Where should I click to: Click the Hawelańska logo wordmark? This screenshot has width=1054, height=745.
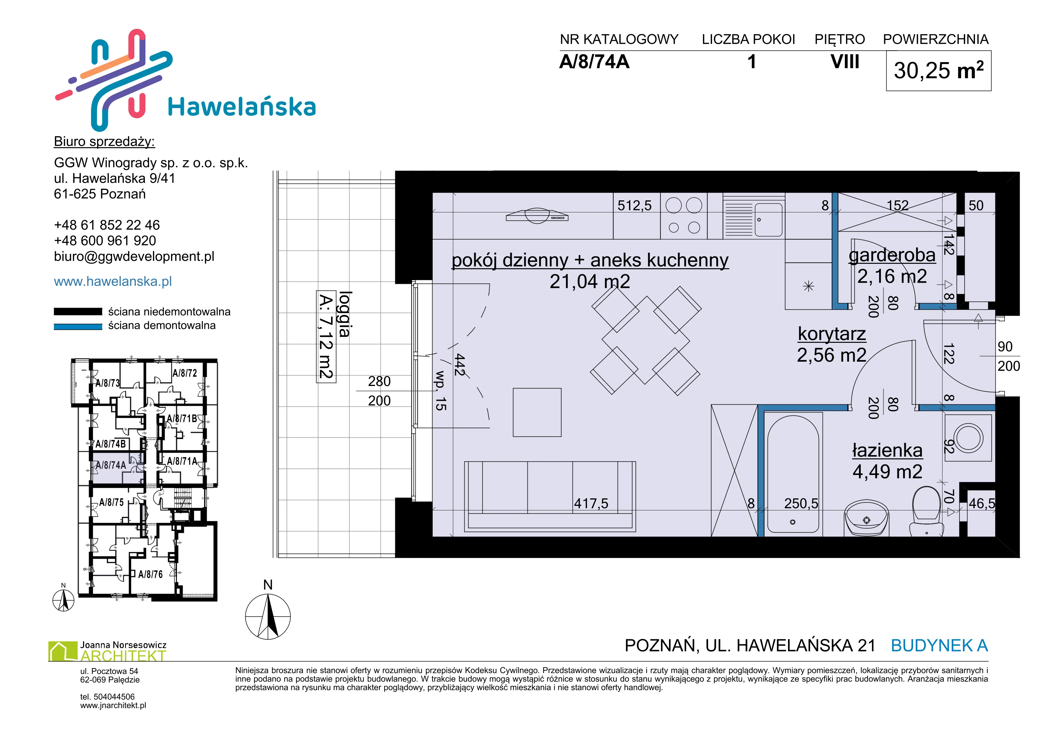point(242,107)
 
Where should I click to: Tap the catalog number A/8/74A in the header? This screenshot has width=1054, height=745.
point(594,62)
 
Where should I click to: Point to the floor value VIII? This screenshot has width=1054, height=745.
point(845,62)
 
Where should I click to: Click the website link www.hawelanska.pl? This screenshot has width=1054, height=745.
point(113,281)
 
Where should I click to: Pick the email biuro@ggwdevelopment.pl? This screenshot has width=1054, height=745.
point(134,257)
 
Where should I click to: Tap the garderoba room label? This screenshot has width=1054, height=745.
point(892,255)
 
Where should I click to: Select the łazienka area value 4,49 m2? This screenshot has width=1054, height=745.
point(887,472)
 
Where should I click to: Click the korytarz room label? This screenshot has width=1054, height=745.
point(832,333)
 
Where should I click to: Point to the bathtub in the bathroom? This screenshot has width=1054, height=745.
point(793,473)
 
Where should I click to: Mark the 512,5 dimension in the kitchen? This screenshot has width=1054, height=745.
point(634,205)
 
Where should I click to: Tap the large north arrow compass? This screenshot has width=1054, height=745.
point(268,616)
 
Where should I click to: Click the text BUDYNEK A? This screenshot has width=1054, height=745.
point(939,646)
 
